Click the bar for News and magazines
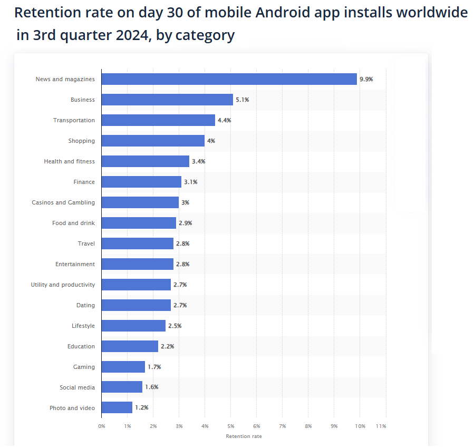pyautogui.click(x=229, y=79)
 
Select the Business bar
pyautogui.click(x=167, y=100)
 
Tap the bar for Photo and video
pyautogui.click(x=117, y=408)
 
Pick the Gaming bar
pyautogui.click(x=123, y=367)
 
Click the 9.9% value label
pyautogui.click(x=366, y=79)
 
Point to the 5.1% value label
pyautogui.click(x=242, y=100)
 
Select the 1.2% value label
pyautogui.click(x=141, y=408)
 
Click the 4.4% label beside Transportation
pyautogui.click(x=224, y=120)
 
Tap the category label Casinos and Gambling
pyautogui.click(x=63, y=202)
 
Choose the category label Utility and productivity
pyautogui.click(x=63, y=285)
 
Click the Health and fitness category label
pyautogui.click(x=69, y=161)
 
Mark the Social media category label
pyautogui.click(x=77, y=387)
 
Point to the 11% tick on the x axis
pyautogui.click(x=381, y=426)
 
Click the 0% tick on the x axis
pyautogui.click(x=102, y=426)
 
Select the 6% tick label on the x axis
pyautogui.click(x=257, y=426)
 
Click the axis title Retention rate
pyautogui.click(x=244, y=436)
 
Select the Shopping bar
pyautogui.click(x=153, y=141)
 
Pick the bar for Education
pyautogui.click(x=130, y=346)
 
